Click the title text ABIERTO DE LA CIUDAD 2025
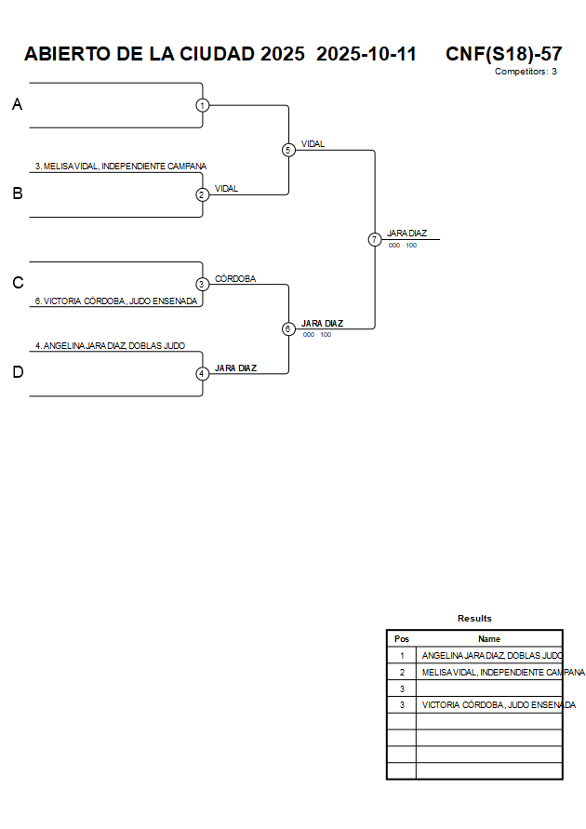[165, 54]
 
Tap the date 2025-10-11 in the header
[366, 54]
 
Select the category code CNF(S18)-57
[503, 54]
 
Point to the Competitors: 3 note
[526, 72]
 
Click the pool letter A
[17, 105]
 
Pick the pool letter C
[18, 284]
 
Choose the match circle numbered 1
[203, 105]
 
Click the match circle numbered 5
[288, 150]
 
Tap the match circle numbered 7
[375, 239]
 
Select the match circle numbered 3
[203, 284]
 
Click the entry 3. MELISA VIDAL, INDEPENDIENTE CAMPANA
[121, 167]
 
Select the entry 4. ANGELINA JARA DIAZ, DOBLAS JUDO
[110, 346]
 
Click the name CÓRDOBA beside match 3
[235, 278]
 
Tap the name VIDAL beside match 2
[226, 189]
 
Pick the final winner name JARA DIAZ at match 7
[407, 234]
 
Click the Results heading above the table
[474, 619]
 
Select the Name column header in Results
[489, 639]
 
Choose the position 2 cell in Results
[402, 672]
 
